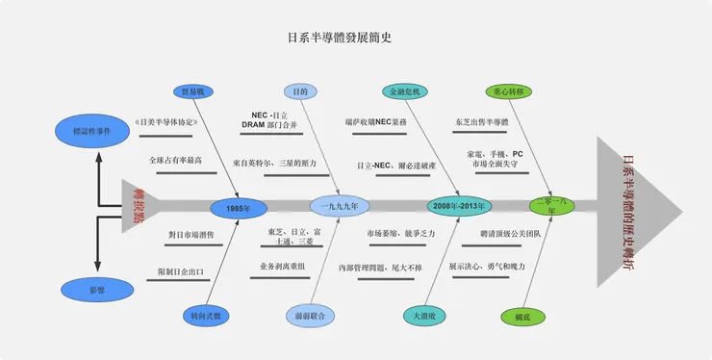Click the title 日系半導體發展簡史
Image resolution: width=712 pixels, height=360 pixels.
[340, 39]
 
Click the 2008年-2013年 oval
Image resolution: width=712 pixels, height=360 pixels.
[460, 206]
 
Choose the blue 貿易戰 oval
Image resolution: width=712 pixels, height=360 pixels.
[195, 91]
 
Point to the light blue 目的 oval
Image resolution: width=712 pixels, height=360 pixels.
[300, 91]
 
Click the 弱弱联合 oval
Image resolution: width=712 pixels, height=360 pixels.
[310, 315]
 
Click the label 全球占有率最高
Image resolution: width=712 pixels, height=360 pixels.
[175, 160]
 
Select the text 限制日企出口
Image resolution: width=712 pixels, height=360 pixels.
[179, 271]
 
